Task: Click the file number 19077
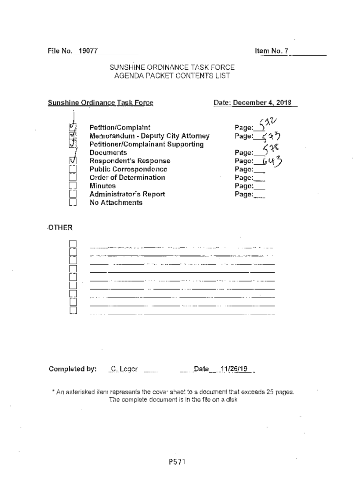(87, 51)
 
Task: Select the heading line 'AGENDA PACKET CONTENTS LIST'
(172, 76)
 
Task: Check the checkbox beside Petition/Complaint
(72, 127)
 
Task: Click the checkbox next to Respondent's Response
(72, 160)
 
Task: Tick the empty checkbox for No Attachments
(72, 203)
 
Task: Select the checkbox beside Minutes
(72, 186)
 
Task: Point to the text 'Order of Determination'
(127, 178)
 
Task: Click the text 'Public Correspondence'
(128, 169)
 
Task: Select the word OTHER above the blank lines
(60, 228)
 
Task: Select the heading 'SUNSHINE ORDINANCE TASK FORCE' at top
(172, 67)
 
